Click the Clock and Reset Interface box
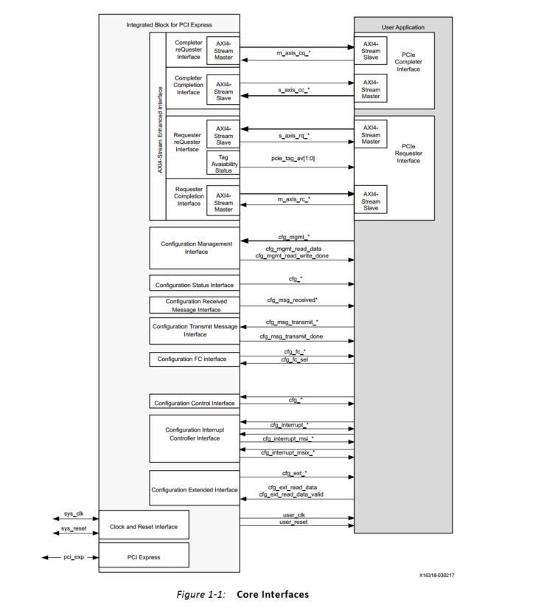coord(144,526)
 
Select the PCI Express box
coord(144,556)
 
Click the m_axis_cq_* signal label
coord(293,53)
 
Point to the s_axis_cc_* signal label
coord(293,89)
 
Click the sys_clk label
coord(74,514)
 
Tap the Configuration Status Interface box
coord(195,285)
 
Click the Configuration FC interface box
coord(195,359)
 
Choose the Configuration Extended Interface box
coord(195,489)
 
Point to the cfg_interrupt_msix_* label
coord(288,452)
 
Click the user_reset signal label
coord(294,522)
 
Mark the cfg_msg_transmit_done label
coord(291,336)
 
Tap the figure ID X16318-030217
coord(436,576)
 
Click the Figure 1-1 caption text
coord(243,595)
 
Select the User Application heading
coord(403,27)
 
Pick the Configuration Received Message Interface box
coord(195,305)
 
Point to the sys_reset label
coord(74,528)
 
